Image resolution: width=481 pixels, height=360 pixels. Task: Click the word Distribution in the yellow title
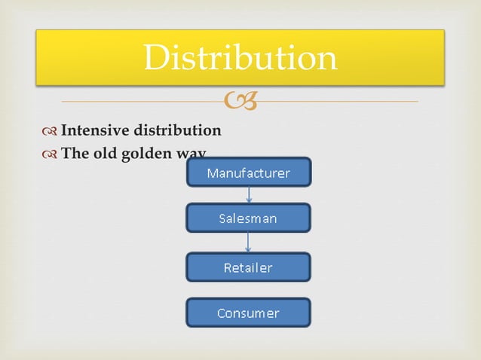pos(240,57)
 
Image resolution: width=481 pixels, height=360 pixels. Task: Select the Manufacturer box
pos(248,172)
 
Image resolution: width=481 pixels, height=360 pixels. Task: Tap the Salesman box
pos(248,218)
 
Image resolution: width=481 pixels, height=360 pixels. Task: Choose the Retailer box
pos(248,267)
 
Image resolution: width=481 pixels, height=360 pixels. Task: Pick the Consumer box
pos(248,313)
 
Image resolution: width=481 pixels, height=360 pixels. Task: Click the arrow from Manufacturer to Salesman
pos(249,195)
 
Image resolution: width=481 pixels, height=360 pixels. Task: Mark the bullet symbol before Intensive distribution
pos(51,131)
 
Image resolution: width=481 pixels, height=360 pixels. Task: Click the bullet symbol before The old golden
pos(51,154)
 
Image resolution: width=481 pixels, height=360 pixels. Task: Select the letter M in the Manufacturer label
pos(212,173)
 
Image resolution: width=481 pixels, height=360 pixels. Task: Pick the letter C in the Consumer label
pos(221,313)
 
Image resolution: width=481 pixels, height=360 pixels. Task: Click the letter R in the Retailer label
pos(228,267)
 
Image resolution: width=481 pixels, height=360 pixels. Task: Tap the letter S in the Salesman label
pos(222,219)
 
